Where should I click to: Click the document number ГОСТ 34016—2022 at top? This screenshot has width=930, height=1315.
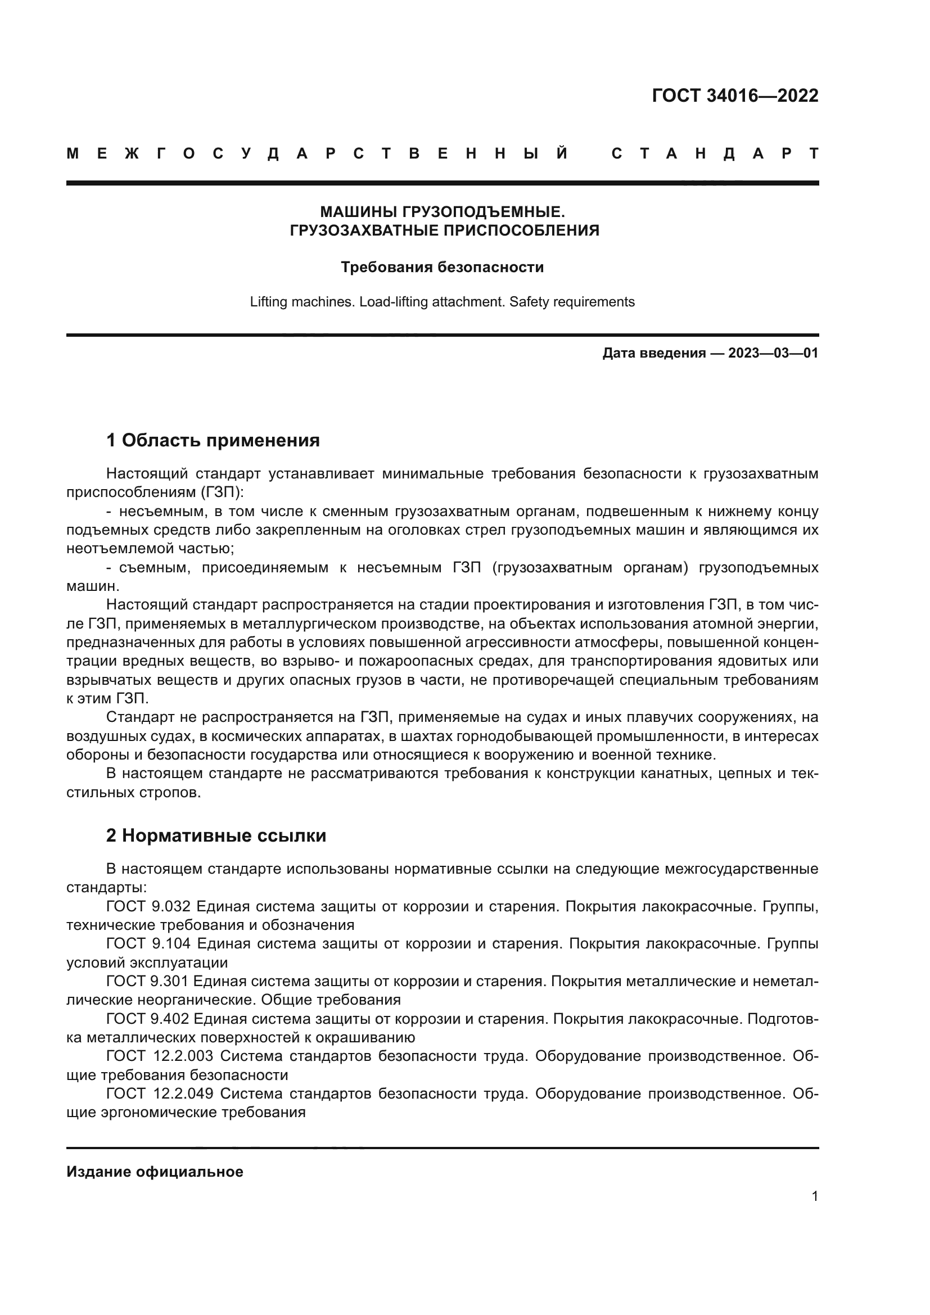[x=735, y=95]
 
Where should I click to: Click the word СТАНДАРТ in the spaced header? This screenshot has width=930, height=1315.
[x=715, y=153]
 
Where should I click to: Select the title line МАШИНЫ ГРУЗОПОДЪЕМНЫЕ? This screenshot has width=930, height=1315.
[x=442, y=212]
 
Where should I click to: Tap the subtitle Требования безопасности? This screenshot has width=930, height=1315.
[x=442, y=267]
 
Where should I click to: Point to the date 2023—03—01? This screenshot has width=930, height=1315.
[x=773, y=353]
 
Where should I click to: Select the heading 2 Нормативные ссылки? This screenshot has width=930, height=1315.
[x=216, y=835]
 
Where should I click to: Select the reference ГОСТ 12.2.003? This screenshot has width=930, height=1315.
[x=160, y=1056]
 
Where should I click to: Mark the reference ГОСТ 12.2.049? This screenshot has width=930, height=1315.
[x=160, y=1094]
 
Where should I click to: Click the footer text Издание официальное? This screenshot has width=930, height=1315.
[x=155, y=1172]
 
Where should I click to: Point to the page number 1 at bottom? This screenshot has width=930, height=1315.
[x=814, y=1196]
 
